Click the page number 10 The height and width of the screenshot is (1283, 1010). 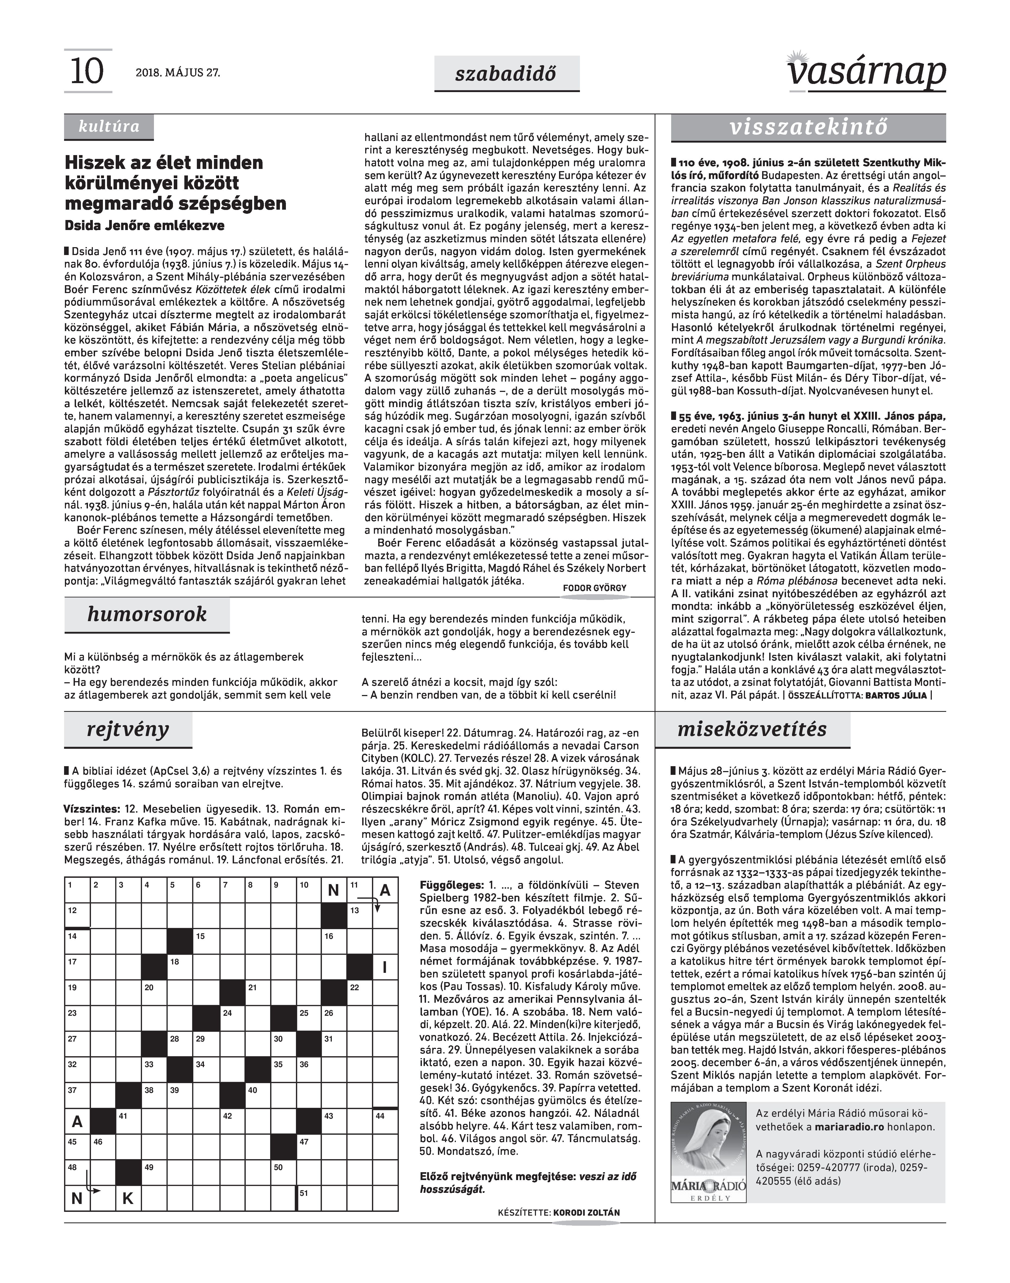86,72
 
